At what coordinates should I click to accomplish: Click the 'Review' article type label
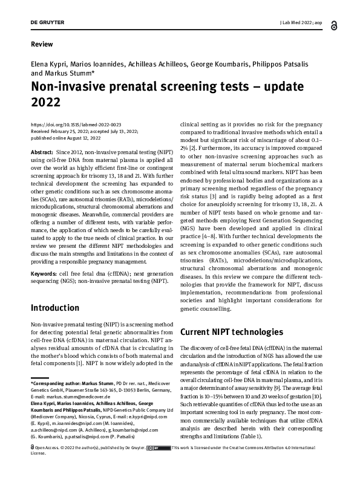pyautogui.click(x=41, y=44)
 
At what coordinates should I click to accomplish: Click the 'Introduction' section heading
pyautogui.click(x=54, y=308)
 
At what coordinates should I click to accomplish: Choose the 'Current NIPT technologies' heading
pyautogui.click(x=231, y=332)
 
